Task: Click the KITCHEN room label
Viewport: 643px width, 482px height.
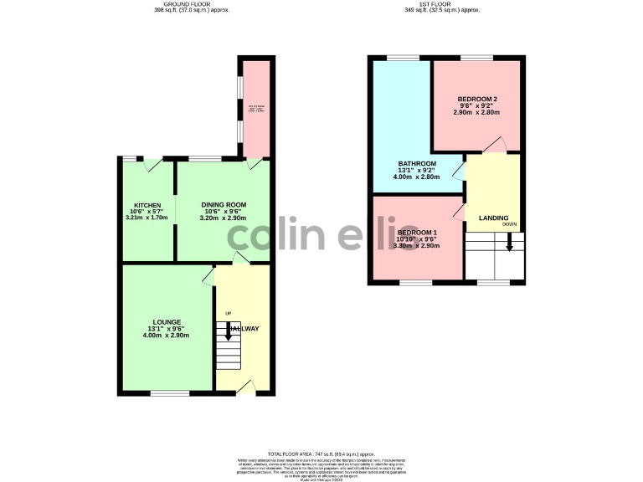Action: pyautogui.click(x=147, y=205)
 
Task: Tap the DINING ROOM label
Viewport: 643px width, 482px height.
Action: pyautogui.click(x=224, y=205)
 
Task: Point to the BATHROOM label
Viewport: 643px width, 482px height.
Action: pyautogui.click(x=416, y=163)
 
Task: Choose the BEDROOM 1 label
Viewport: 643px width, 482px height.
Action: pyautogui.click(x=417, y=232)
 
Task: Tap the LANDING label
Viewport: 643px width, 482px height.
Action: pyautogui.click(x=493, y=218)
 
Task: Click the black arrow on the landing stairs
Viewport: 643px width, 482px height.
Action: pyautogui.click(x=509, y=243)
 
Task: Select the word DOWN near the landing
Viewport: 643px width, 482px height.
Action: pyautogui.click(x=510, y=225)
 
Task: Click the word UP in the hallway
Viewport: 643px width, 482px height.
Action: pyautogui.click(x=228, y=314)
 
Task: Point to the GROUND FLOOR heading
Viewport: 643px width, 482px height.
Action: pyautogui.click(x=191, y=4)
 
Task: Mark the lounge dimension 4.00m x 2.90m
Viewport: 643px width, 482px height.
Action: pyautogui.click(x=166, y=336)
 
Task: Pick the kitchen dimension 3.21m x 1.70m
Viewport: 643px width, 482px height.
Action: pyautogui.click(x=147, y=218)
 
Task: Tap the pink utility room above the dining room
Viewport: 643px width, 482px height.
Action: pyautogui.click(x=256, y=109)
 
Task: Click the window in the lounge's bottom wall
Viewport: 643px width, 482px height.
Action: pyautogui.click(x=170, y=392)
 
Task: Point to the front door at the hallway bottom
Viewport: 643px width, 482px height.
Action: pyautogui.click(x=244, y=387)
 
